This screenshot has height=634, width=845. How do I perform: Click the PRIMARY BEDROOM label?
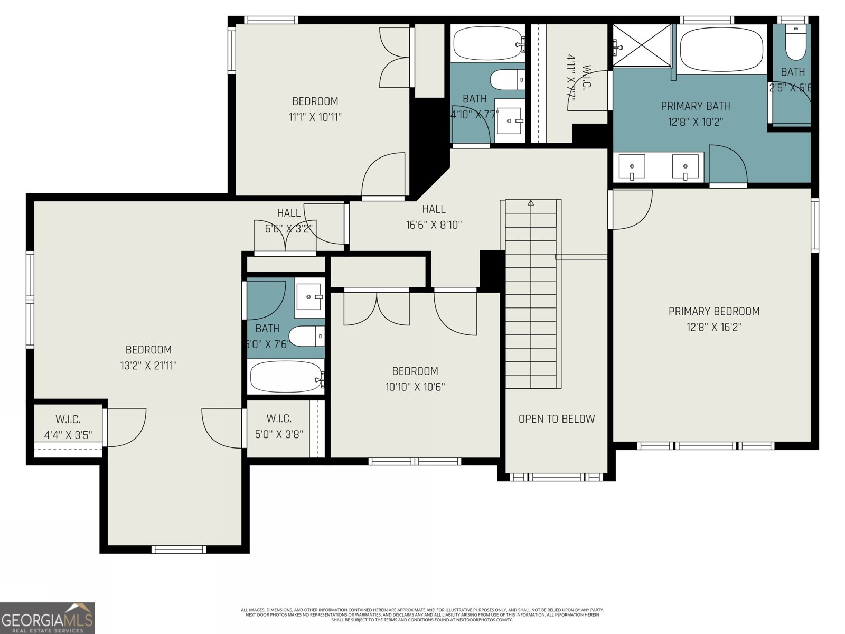click(x=714, y=311)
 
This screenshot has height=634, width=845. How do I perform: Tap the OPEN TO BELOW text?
click(x=556, y=419)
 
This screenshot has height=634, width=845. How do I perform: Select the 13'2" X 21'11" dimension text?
click(x=148, y=365)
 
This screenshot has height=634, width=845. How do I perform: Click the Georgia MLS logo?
click(x=48, y=618)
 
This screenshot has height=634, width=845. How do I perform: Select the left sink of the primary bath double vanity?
click(x=632, y=166)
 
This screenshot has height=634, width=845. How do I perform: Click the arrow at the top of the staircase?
click(x=531, y=203)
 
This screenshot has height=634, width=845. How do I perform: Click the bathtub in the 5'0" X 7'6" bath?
click(x=285, y=377)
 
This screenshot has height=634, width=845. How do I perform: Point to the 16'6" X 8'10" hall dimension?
click(x=434, y=225)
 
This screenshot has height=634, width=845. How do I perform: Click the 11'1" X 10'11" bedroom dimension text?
click(x=315, y=117)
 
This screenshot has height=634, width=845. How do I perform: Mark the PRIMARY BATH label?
click(x=696, y=106)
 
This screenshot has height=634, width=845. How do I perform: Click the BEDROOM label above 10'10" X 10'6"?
click(x=415, y=371)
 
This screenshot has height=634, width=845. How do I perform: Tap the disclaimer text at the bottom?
click(x=422, y=614)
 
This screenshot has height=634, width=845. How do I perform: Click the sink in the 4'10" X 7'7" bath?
click(x=509, y=120)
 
